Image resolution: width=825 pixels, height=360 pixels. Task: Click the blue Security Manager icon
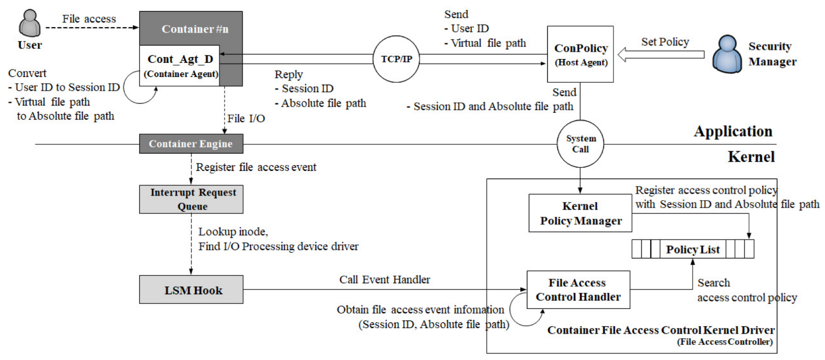(727, 54)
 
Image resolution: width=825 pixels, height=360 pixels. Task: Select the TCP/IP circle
(396, 59)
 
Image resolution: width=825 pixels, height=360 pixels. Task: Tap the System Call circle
(580, 144)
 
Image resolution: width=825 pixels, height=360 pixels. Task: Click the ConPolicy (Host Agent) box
(580, 54)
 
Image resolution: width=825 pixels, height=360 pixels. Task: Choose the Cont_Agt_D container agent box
(180, 66)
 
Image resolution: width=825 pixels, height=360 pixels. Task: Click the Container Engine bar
(191, 144)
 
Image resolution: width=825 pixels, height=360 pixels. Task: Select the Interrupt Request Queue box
(191, 199)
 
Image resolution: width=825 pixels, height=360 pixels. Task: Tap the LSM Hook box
(191, 290)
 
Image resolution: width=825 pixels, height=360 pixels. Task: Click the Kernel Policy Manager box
(580, 213)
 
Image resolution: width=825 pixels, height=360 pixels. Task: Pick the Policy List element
(692, 249)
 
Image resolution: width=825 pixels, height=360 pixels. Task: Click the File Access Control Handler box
(578, 290)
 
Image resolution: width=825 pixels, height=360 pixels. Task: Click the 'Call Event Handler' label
(384, 279)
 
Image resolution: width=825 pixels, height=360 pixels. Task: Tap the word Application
(733, 131)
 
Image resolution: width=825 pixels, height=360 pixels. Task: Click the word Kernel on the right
(751, 157)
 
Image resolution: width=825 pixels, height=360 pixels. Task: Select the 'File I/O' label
(246, 118)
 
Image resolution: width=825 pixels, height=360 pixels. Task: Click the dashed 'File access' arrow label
(89, 19)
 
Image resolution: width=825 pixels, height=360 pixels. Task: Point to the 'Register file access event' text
(256, 167)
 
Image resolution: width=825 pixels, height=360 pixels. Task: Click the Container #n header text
(195, 29)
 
